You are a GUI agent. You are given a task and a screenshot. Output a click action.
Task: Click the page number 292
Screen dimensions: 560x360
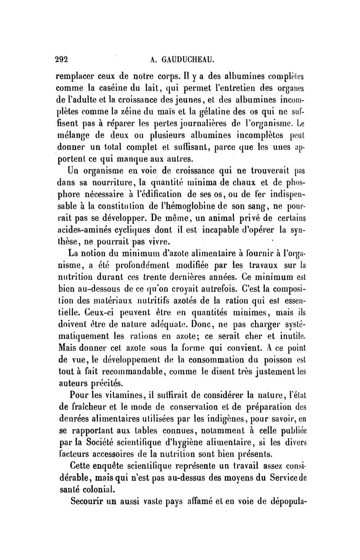61,58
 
